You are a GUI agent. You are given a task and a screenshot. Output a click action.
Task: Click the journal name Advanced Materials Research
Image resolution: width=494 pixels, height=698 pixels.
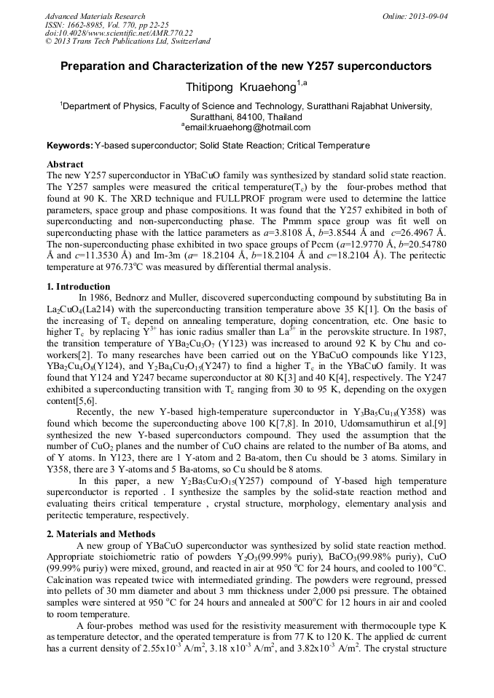(95, 16)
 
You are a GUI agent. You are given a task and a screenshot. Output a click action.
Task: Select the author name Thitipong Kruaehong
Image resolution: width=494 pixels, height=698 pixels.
(240, 87)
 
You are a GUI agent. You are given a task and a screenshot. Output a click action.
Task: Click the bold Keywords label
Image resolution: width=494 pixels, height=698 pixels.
(69, 146)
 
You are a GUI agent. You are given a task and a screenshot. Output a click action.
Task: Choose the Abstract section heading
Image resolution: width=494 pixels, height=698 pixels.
(65, 164)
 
